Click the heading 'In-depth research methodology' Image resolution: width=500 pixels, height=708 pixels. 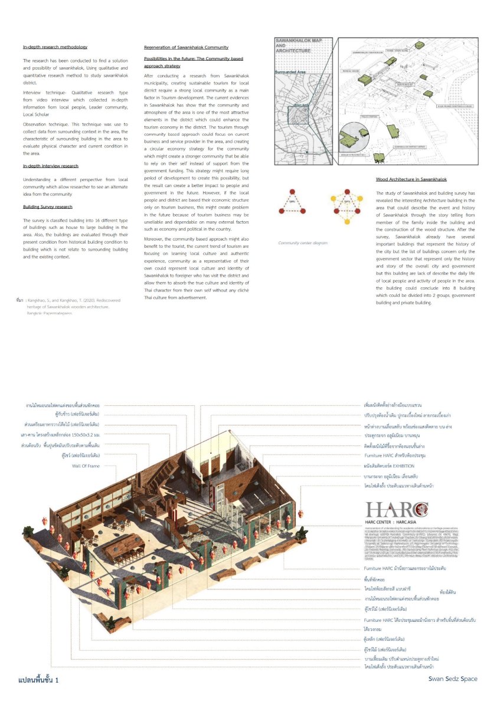tap(55, 47)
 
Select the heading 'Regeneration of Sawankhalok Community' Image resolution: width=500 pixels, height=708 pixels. tap(186, 47)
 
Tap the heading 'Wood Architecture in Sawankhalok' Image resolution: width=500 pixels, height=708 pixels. tap(411, 179)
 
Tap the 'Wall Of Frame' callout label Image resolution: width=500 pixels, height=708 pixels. tap(86, 466)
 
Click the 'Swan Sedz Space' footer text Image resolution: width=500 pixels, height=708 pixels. tap(453, 678)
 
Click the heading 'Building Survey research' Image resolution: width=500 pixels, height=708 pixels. tap(48, 207)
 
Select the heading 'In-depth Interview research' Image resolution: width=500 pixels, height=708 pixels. tap(51, 166)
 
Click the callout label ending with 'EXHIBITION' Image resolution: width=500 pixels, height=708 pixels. tap(389, 466)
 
